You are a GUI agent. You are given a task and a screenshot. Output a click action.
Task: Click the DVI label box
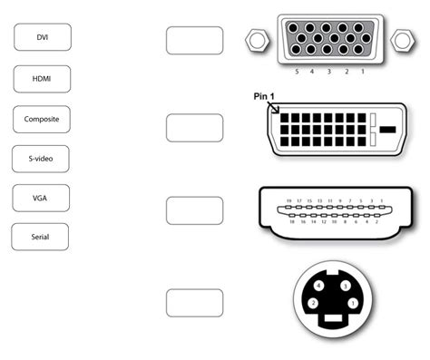click(42, 37)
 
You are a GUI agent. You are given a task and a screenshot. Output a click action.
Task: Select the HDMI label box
click(42, 79)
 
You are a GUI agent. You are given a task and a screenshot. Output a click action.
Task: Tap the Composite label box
click(42, 119)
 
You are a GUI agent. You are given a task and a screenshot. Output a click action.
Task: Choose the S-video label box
click(42, 159)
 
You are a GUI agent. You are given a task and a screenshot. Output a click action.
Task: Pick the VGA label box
click(41, 198)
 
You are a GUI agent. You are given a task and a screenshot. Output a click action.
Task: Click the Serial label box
click(41, 237)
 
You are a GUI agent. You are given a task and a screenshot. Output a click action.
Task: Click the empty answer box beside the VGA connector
click(194, 40)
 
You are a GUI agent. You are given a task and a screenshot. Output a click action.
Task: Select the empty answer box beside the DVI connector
click(194, 128)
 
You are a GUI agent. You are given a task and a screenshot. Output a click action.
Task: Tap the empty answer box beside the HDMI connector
click(194, 210)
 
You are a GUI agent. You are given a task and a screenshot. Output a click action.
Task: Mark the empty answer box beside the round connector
click(194, 303)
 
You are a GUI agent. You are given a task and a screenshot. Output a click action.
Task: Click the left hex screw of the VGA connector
click(256, 40)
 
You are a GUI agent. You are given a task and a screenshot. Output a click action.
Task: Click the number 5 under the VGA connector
click(296, 70)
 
